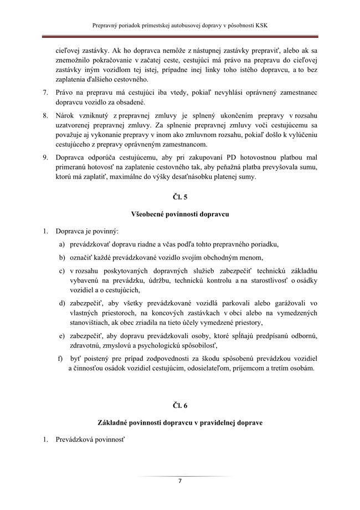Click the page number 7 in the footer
[180, 481]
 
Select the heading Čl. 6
[180, 406]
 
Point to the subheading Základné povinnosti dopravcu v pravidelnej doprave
[180, 422]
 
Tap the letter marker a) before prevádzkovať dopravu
[63, 244]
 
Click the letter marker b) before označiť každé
[63, 258]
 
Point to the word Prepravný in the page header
[109, 25]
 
